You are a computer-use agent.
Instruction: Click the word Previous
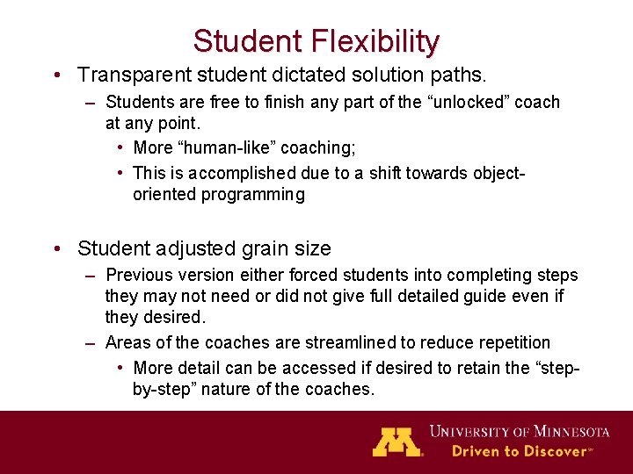(x=139, y=276)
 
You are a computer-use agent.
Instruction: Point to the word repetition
(x=511, y=342)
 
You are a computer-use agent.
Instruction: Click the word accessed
(x=297, y=367)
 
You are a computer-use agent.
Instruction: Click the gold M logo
(x=397, y=441)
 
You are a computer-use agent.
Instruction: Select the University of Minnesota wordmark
(x=519, y=431)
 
